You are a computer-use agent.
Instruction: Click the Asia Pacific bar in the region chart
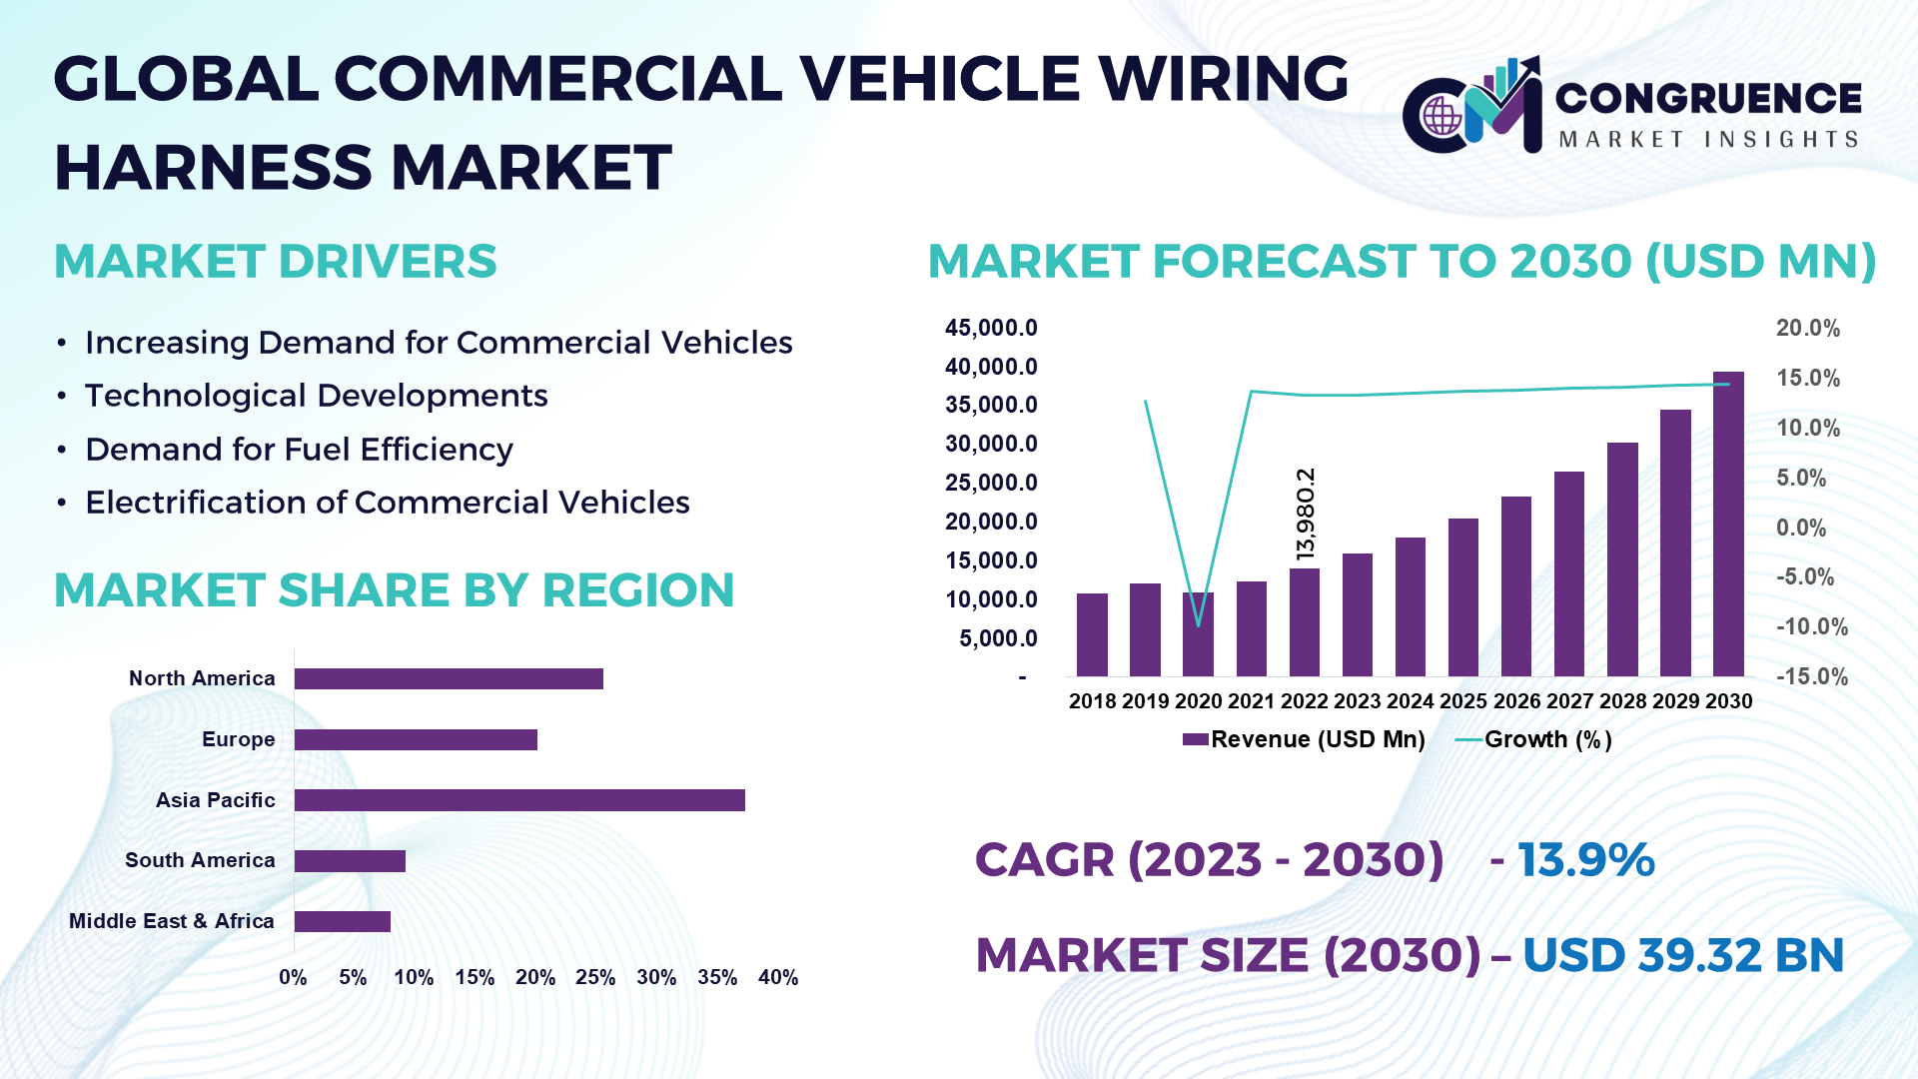tap(519, 800)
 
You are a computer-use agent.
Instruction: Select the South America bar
tap(350, 861)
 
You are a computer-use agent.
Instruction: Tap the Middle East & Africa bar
tap(342, 921)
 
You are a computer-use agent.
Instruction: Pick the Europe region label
tap(238, 739)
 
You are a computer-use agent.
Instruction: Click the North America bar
tap(449, 679)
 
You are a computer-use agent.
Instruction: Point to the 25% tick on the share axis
tap(595, 977)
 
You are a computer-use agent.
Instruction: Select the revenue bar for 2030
tap(1728, 525)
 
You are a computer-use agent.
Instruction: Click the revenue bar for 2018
tap(1092, 635)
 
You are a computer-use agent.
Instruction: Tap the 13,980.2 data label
tap(1306, 514)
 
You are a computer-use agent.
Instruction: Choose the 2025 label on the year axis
tap(1463, 701)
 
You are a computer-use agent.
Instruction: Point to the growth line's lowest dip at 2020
tap(1199, 625)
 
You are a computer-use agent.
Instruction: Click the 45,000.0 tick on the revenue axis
tap(991, 328)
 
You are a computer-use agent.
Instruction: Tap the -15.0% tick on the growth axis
tap(1811, 676)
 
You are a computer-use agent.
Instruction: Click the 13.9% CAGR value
tap(1585, 860)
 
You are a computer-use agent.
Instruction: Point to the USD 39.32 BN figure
tap(1682, 955)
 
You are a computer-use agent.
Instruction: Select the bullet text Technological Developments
tap(316, 396)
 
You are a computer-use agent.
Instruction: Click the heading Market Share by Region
tap(394, 590)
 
